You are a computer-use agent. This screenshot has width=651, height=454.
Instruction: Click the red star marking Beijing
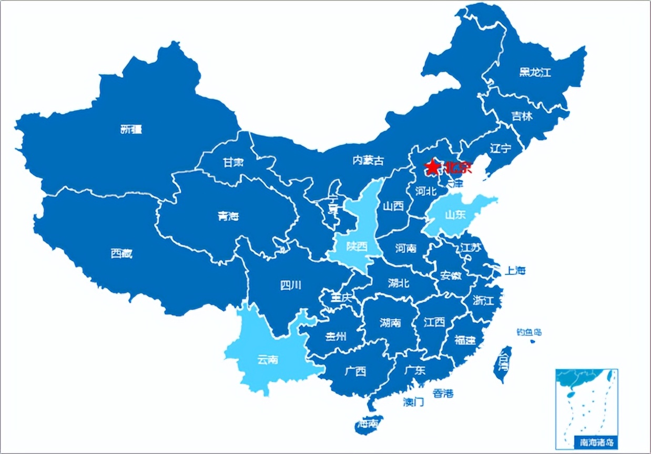432,167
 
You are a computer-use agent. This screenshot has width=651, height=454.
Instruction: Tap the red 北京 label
457,168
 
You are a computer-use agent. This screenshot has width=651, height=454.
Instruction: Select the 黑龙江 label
535,73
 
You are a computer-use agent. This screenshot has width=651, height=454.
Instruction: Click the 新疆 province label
131,129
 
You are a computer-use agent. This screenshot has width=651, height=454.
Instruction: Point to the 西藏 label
121,254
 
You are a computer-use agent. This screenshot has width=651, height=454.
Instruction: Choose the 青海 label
228,216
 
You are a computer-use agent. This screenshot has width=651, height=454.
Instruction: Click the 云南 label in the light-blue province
268,360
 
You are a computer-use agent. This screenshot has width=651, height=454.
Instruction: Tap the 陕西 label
357,246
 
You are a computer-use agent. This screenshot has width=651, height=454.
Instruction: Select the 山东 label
455,214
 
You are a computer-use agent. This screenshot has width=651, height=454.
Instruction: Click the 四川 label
291,285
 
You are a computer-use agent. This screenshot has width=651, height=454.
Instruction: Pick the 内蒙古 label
368,160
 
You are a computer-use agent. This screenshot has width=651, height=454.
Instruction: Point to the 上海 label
515,271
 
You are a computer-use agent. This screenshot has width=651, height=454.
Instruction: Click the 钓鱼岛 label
528,332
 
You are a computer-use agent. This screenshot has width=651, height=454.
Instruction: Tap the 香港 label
443,393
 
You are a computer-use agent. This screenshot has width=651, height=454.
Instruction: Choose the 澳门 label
413,402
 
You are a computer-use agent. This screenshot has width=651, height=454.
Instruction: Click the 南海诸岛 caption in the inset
594,442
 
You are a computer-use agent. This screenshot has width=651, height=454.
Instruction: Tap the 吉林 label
522,116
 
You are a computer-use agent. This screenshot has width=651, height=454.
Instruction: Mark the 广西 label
355,371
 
